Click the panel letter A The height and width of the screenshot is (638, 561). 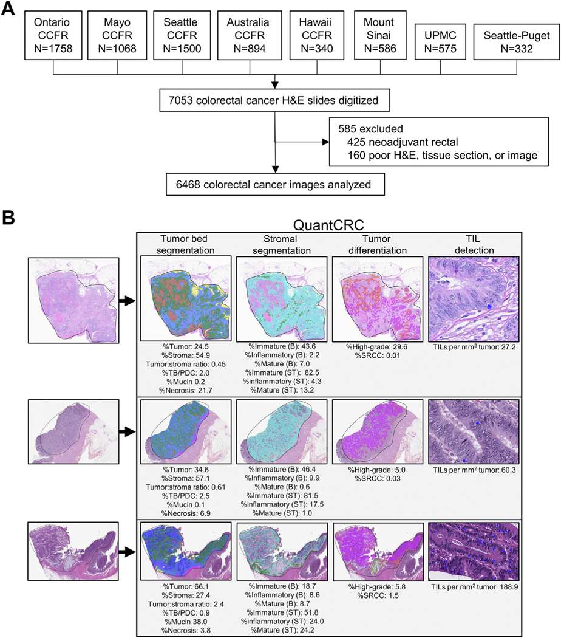[9, 9]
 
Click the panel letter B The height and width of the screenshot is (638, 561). [9, 216]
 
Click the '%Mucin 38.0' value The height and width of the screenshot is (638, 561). [185, 613]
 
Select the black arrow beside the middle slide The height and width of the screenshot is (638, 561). [125, 431]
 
